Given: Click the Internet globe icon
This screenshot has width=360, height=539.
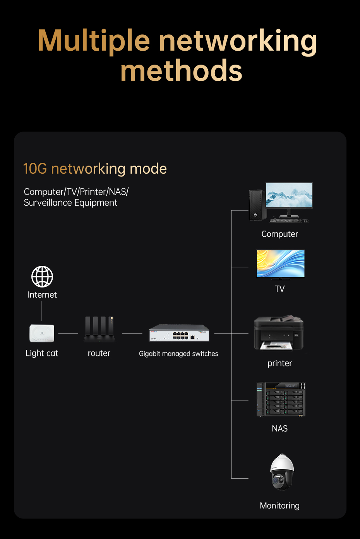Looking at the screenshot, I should tap(42, 276).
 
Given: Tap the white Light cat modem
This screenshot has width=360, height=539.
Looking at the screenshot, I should tap(42, 333).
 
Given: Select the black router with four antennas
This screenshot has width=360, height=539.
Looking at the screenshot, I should tap(99, 330).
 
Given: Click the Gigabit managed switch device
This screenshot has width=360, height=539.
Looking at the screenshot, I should tap(179, 333).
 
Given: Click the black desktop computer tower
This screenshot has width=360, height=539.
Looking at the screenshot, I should tap(255, 205).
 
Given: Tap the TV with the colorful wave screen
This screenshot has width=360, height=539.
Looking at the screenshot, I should tap(280, 264).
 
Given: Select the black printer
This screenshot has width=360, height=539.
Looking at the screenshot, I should tap(279, 333).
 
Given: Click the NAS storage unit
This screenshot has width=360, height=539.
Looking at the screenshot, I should tap(281, 399).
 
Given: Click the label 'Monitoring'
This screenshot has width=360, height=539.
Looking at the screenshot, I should tap(279, 506).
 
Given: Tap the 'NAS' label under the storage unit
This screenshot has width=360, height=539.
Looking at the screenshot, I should tap(279, 429).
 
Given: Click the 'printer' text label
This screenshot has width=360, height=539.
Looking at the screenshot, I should tap(279, 363).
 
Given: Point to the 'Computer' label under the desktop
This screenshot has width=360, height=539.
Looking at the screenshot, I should tap(279, 234).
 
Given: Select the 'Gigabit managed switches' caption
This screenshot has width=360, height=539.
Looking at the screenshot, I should tap(178, 354).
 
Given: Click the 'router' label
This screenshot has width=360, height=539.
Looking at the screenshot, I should tap(99, 353).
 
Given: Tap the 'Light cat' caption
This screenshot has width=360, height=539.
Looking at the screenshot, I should tap(42, 353).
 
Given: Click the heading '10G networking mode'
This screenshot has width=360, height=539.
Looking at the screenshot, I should tap(95, 169).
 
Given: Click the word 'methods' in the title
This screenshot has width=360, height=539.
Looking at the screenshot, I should tap(181, 71).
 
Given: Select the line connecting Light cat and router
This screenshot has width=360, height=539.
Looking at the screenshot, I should tap(68, 333).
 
